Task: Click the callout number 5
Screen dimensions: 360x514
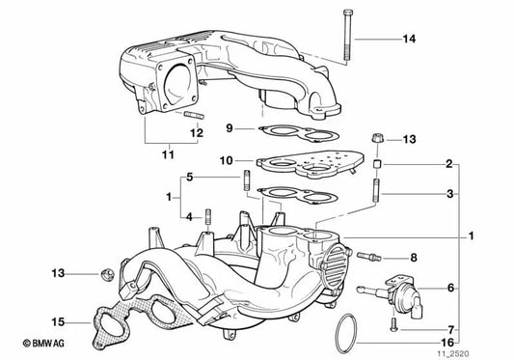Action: (x=190, y=178)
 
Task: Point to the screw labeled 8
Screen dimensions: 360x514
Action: (x=372, y=256)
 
